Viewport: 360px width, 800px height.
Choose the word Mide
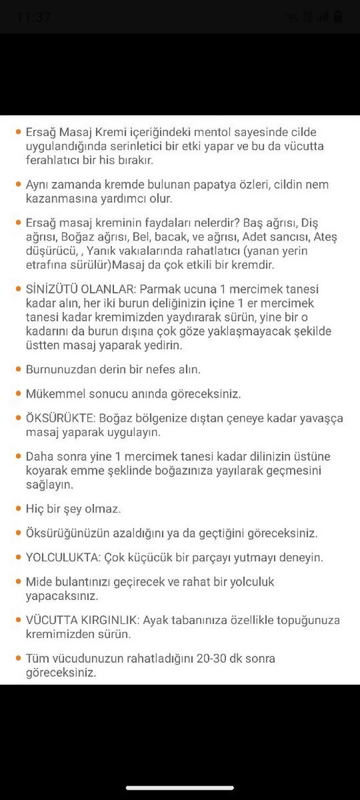point(38,582)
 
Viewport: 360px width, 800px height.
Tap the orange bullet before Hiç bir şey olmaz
point(17,509)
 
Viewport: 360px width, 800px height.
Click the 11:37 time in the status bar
point(34,17)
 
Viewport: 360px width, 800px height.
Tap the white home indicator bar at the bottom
point(180,788)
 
